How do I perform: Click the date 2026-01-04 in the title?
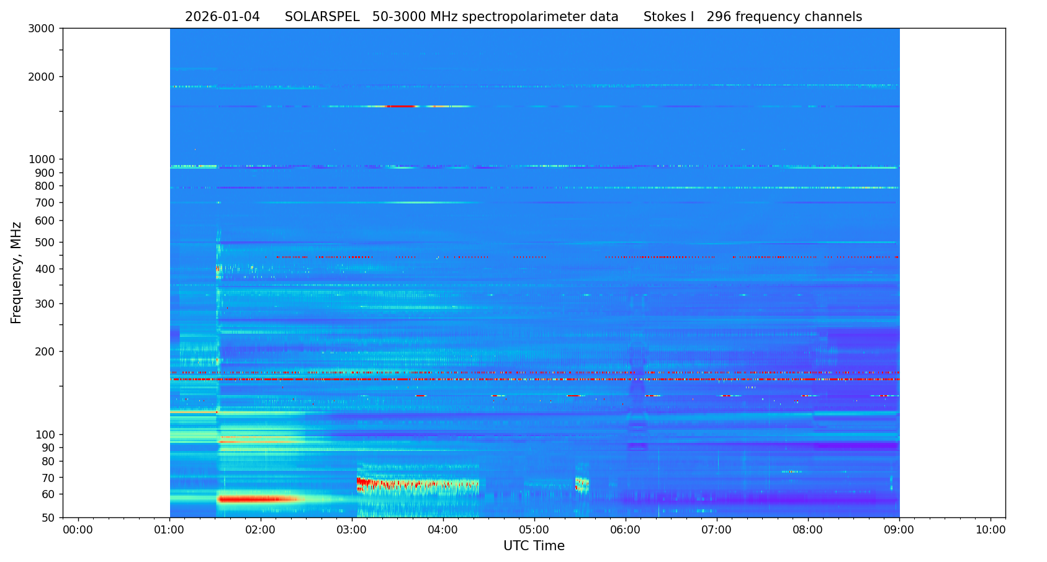coord(222,17)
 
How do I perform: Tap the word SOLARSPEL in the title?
coord(322,17)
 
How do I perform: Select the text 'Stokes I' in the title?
coord(668,17)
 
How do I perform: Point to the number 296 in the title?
coord(719,17)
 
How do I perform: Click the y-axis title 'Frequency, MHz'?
coord(16,272)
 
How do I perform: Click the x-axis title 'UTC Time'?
coord(534,546)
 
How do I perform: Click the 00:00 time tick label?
coord(78,530)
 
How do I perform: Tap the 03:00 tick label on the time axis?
coord(352,530)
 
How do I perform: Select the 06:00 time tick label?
coord(626,530)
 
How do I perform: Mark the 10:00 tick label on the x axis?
coord(991,530)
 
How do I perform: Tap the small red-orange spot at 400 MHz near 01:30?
coord(218,269)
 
